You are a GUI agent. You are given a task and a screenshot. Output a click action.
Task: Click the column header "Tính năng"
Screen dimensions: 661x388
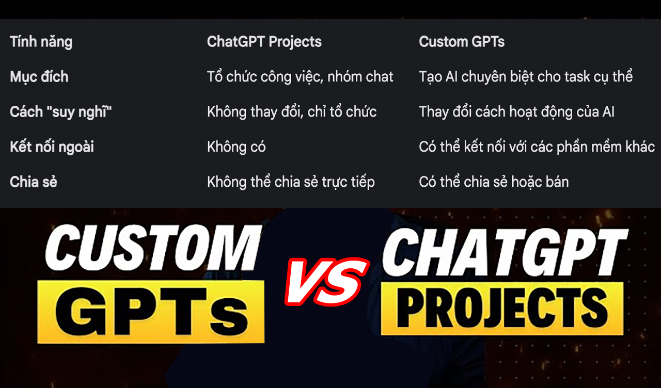(x=41, y=42)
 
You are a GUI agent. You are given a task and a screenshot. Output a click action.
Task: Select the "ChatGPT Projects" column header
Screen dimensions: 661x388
(x=264, y=42)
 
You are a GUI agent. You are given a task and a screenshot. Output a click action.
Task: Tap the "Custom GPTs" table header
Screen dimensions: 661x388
(x=462, y=42)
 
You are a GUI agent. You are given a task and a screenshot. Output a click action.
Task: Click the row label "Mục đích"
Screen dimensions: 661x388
(x=39, y=77)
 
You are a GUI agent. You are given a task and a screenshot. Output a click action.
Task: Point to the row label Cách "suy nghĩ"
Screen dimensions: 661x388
(x=61, y=112)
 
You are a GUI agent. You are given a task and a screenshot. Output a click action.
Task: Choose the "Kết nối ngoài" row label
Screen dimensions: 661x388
(x=52, y=147)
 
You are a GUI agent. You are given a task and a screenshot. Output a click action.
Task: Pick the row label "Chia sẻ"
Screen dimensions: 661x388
(x=34, y=182)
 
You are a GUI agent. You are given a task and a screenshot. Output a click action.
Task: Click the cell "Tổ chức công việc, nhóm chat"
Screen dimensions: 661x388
(x=300, y=77)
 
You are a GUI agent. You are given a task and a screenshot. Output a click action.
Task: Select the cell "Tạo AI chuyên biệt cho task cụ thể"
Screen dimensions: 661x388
(x=526, y=77)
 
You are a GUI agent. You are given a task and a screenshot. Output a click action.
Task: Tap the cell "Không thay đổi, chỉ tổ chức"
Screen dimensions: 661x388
(x=292, y=112)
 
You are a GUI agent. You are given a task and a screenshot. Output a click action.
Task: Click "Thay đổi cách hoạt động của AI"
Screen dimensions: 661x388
(x=517, y=112)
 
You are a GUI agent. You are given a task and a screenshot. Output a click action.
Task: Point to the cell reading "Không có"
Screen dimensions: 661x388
(x=237, y=147)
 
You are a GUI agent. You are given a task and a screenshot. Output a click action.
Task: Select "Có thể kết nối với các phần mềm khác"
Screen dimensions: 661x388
(x=537, y=147)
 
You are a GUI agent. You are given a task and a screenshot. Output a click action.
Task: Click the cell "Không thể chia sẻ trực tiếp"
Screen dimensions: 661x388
(x=291, y=182)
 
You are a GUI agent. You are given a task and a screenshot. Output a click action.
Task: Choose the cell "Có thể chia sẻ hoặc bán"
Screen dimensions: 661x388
(x=494, y=182)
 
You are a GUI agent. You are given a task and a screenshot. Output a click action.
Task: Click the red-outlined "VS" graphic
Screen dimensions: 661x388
(x=327, y=282)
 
